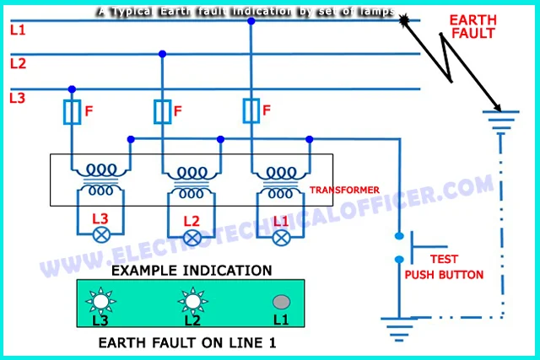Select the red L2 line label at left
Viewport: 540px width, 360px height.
[x=18, y=63]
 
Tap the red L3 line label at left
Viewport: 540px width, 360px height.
[x=18, y=98]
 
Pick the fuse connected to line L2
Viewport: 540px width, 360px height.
[x=162, y=111]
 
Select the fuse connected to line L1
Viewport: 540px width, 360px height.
[x=251, y=111]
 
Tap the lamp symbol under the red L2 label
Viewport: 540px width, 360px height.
[x=192, y=238]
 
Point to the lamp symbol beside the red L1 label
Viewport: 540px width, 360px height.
[x=282, y=238]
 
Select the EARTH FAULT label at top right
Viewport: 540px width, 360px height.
[x=472, y=26]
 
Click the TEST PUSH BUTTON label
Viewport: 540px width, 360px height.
[x=444, y=267]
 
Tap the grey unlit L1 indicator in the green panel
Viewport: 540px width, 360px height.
[x=282, y=301]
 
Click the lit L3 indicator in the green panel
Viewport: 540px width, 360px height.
[x=101, y=301]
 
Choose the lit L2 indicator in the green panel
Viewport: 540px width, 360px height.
[x=192, y=301]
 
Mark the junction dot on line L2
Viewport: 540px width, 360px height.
[x=162, y=54]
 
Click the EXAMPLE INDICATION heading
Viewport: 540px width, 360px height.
[x=192, y=271]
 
